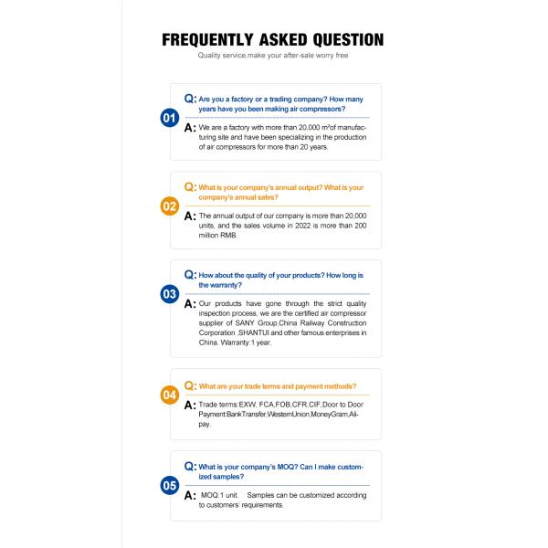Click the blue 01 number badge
click(169, 118)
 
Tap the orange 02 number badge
click(169, 206)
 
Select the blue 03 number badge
click(169, 294)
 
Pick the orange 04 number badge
click(169, 395)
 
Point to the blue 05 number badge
click(169, 485)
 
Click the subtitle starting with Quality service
click(273, 56)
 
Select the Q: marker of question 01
click(190, 96)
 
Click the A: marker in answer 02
click(190, 216)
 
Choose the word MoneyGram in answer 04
click(326, 414)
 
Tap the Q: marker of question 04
click(190, 385)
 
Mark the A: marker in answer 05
click(190, 495)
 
